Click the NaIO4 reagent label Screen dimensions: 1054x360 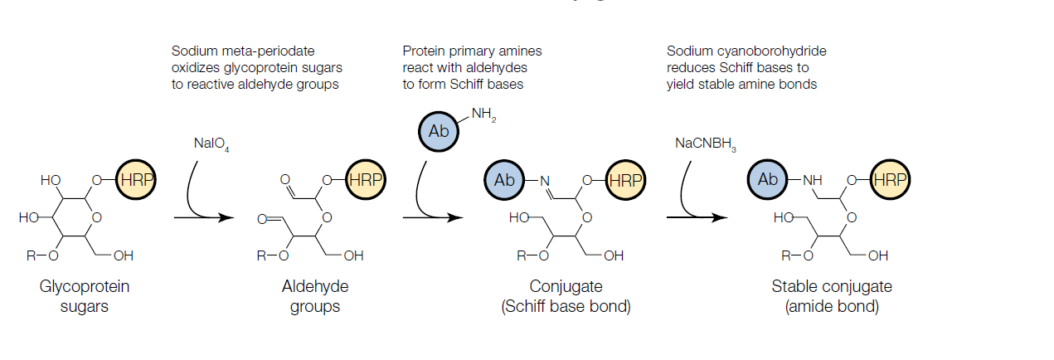[211, 144]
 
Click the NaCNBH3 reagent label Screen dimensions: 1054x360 [706, 144]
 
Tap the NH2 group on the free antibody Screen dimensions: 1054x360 [483, 114]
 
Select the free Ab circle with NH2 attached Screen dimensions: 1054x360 [439, 131]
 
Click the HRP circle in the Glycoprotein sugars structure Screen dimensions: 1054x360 [136, 179]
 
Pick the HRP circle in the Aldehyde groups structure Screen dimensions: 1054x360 [366, 179]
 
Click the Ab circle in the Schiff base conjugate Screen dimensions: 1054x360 [504, 180]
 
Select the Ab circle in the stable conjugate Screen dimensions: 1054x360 [767, 179]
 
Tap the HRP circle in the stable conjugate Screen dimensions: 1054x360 [890, 179]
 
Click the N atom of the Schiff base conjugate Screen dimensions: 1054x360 [545, 181]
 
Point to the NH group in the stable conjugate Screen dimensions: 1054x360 [813, 180]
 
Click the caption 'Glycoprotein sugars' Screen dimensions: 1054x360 [85, 296]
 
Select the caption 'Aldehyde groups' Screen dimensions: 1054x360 [315, 296]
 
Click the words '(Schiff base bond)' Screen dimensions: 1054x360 [566, 306]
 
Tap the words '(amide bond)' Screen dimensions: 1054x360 [832, 306]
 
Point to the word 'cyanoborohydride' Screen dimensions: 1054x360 [772, 51]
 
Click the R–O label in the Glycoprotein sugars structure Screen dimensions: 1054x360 [42, 255]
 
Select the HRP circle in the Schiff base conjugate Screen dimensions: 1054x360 [625, 180]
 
